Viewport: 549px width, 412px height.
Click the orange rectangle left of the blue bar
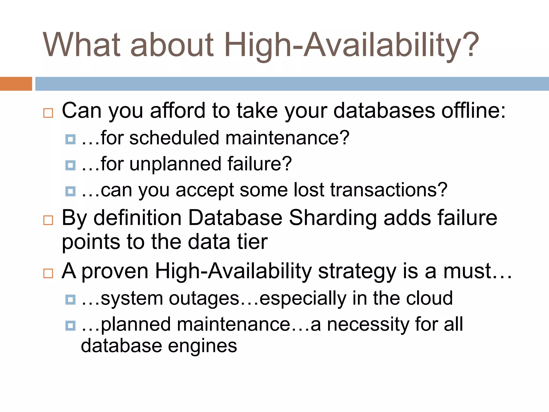[16, 84]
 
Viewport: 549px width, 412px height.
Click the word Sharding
[333, 218]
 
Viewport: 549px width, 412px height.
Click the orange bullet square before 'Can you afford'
[48, 113]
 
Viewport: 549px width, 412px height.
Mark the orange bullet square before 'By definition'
[48, 220]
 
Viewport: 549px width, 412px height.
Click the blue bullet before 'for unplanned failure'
[70, 165]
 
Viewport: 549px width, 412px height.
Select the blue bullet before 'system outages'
[70, 299]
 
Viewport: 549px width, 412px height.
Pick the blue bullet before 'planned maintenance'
[70, 326]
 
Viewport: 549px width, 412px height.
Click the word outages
[204, 298]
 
